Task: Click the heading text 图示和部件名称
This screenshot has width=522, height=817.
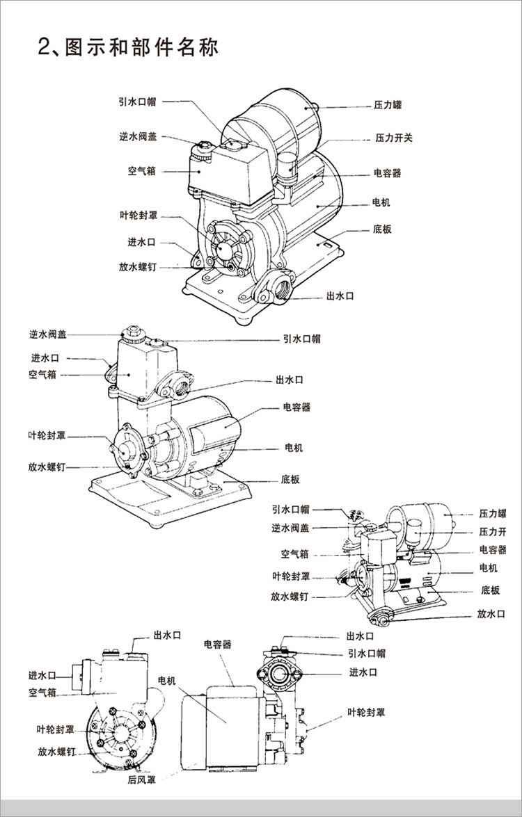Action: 141,47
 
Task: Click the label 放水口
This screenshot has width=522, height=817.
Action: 491,614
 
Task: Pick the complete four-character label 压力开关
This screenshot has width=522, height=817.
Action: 394,138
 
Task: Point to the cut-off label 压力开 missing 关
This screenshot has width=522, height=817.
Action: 493,531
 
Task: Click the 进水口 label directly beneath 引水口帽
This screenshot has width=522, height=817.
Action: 363,672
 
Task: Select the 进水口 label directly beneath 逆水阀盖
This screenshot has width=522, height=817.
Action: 45,358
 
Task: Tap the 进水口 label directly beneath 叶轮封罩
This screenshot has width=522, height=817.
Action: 141,242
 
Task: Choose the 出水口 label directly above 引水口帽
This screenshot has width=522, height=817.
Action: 360,636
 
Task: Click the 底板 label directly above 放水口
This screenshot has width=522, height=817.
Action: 490,590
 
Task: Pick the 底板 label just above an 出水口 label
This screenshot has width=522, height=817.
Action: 382,229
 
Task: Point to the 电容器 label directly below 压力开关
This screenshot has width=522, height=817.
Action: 388,173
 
